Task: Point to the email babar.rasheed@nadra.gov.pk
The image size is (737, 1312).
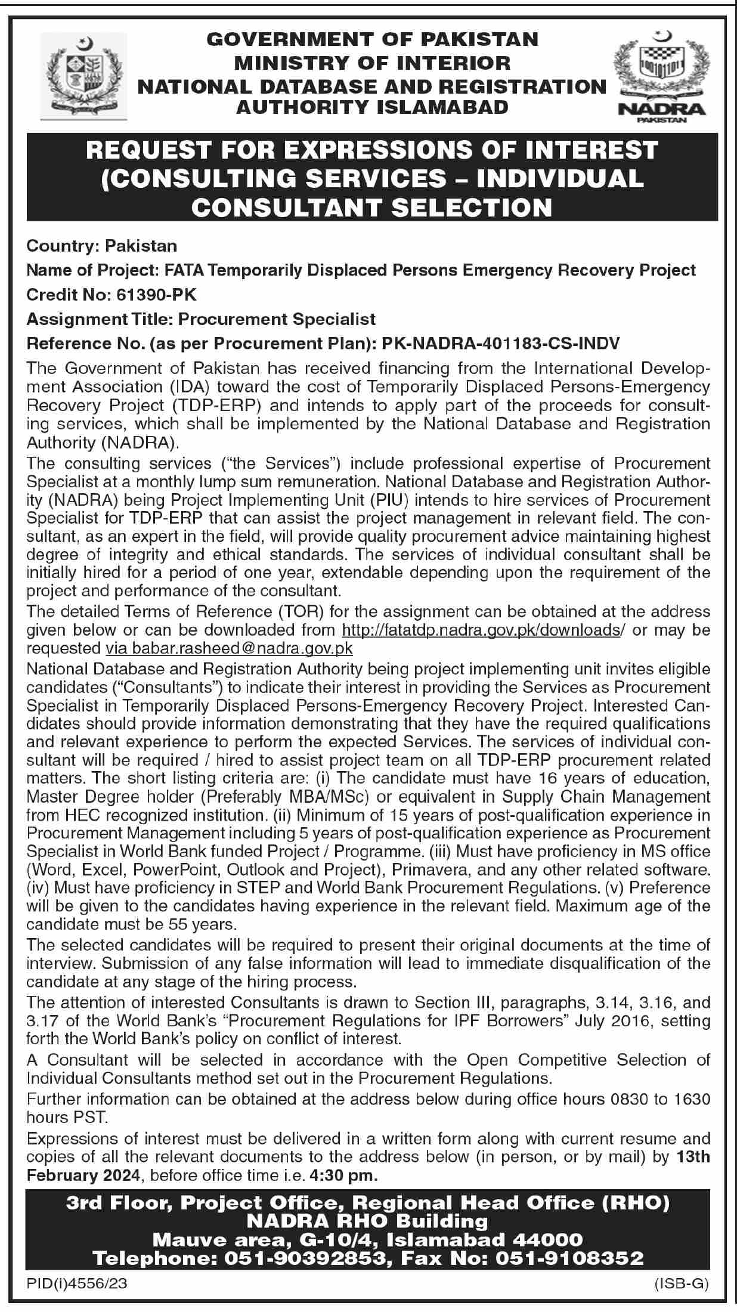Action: click(230, 648)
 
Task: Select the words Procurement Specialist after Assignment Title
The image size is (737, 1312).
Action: click(277, 319)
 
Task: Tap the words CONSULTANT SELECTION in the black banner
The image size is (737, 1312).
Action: click(373, 206)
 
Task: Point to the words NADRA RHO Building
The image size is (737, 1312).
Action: click(367, 1221)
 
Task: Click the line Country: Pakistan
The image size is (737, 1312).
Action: click(102, 246)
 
